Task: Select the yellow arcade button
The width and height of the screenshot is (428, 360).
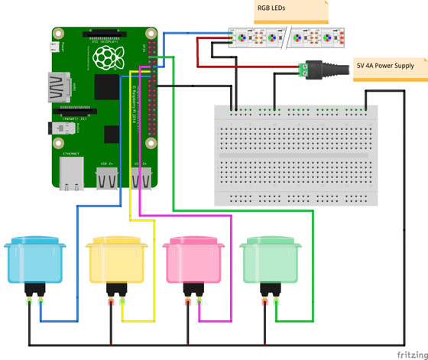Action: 115,260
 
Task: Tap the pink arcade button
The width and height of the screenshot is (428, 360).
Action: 193,260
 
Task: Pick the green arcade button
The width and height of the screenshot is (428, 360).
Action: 270,260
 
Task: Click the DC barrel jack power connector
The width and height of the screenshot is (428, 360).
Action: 322,70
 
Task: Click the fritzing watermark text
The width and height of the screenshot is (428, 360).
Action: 411,354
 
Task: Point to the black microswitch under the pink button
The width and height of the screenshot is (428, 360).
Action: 193,290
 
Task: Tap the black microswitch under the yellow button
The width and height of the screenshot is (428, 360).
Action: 116,290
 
